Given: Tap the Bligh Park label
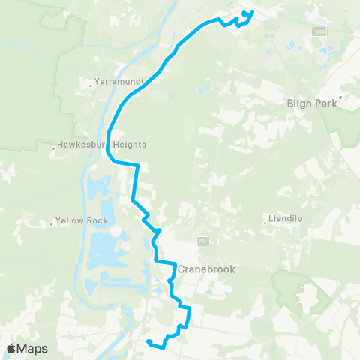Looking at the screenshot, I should [313, 106].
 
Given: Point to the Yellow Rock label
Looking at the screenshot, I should [82, 220].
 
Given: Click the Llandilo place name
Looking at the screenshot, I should [287, 220].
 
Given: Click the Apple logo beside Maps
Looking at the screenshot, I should [13, 348].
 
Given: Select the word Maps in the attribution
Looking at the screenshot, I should [33, 348].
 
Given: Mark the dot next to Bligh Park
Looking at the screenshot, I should [340, 97].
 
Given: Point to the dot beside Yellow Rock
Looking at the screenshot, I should [51, 223].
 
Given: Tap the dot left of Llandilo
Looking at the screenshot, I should [265, 220].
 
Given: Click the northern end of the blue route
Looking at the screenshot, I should [252, 12].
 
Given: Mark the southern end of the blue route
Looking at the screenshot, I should [148, 342].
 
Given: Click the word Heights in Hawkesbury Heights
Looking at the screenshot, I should [128, 144].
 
